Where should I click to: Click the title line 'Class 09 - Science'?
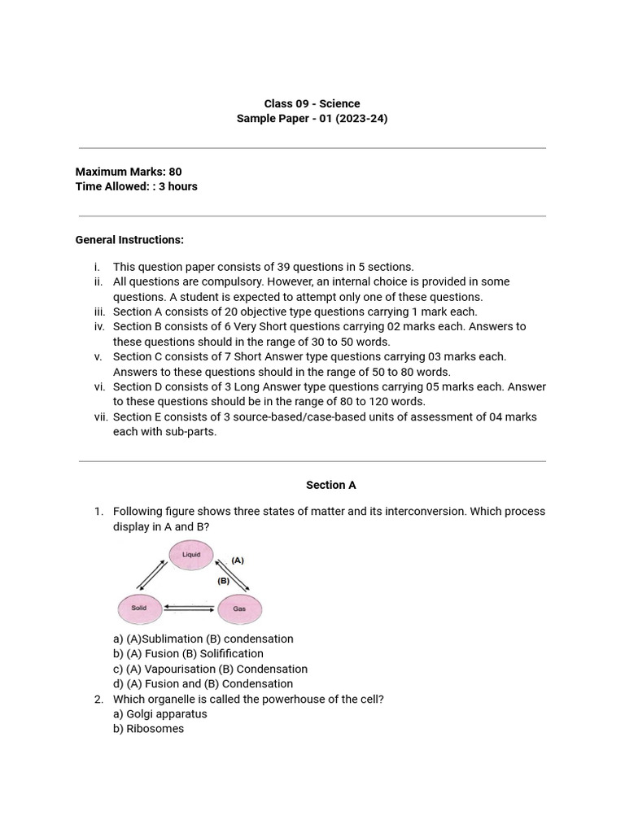pyautogui.click(x=312, y=103)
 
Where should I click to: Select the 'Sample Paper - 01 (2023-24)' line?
pyautogui.click(x=312, y=119)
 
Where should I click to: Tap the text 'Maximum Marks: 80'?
pyautogui.click(x=129, y=172)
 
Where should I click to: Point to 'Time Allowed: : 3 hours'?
pyautogui.click(x=136, y=186)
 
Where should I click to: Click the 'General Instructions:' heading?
pyautogui.click(x=129, y=240)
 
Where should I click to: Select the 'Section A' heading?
pyautogui.click(x=330, y=485)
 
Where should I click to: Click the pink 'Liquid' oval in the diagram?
pyautogui.click(x=191, y=556)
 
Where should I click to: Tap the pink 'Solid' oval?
pyautogui.click(x=139, y=608)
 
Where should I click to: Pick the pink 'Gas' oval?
pyautogui.click(x=239, y=608)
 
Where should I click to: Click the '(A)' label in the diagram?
pyautogui.click(x=238, y=560)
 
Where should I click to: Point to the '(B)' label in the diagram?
pyautogui.click(x=223, y=581)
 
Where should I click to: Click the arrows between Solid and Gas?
pyautogui.click(x=190, y=608)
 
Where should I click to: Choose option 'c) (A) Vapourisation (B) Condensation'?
pyautogui.click(x=210, y=669)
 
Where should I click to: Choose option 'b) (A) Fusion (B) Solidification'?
pyautogui.click(x=188, y=653)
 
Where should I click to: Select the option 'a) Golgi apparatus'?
pyautogui.click(x=160, y=713)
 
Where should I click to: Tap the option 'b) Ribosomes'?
pyautogui.click(x=148, y=729)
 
